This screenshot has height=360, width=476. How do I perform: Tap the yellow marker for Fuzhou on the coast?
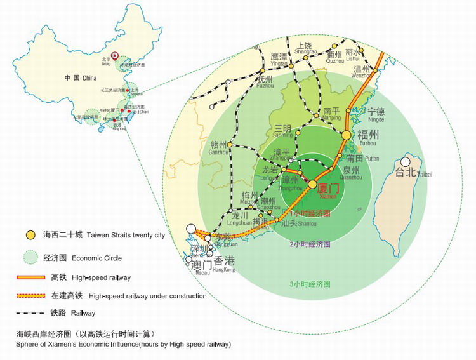click(347, 135)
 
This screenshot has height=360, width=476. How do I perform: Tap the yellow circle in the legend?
click(30, 236)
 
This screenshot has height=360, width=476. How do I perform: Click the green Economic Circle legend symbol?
click(30, 257)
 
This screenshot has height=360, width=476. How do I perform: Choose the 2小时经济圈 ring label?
click(310, 244)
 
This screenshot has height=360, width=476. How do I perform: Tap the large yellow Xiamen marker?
click(312, 184)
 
